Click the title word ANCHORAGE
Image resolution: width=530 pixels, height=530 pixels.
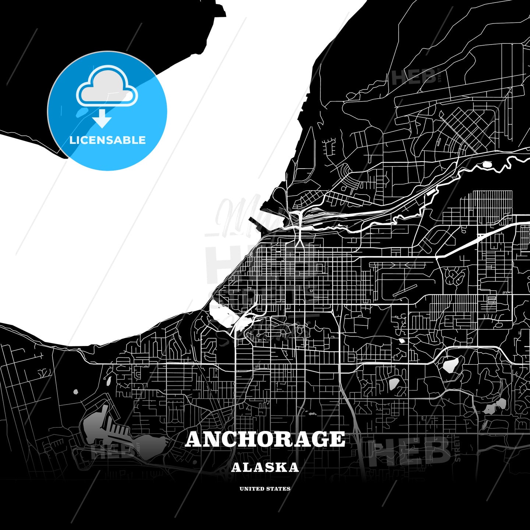point(265,439)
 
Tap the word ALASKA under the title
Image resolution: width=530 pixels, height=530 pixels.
point(265,467)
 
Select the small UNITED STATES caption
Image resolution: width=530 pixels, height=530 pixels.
point(265,489)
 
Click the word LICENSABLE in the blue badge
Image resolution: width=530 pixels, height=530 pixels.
point(107,140)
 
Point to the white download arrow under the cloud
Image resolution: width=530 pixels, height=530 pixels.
point(102,119)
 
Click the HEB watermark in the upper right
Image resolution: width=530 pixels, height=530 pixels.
point(414,77)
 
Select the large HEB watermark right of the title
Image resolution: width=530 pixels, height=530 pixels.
point(409,451)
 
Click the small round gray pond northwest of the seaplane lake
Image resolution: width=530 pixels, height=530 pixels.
point(76,392)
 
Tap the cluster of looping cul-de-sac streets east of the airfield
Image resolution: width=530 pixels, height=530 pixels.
point(455,276)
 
